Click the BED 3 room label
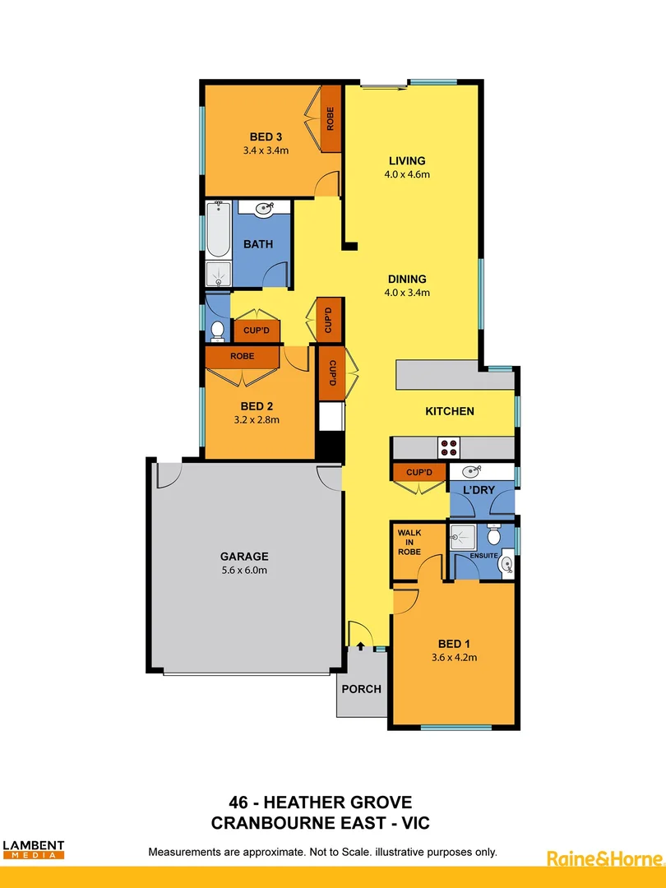tap(266, 136)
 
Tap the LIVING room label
tap(407, 160)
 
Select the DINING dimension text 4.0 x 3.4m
tap(407, 292)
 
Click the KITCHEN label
tap(450, 411)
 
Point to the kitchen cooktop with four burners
tap(450, 447)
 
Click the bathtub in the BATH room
tap(218, 230)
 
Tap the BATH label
tap(258, 244)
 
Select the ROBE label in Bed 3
tap(331, 120)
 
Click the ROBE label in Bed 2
tap(242, 357)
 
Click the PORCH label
tap(362, 689)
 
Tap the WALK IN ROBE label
tap(409, 543)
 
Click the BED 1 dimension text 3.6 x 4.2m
tap(455, 657)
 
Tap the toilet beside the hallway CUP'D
tap(218, 331)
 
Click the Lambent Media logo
tap(34, 849)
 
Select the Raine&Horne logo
tap(604, 858)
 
